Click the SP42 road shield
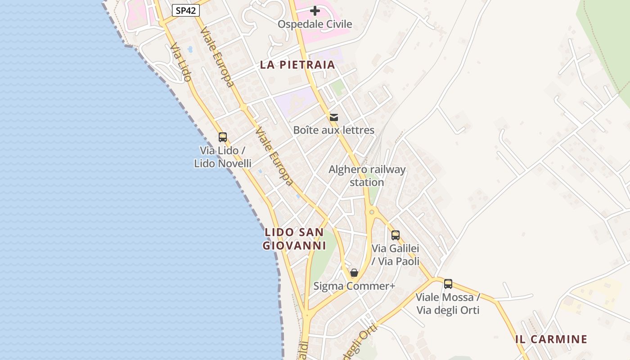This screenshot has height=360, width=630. tap(186, 10)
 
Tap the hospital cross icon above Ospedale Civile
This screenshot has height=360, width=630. tap(315, 10)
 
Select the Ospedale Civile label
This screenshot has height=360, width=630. tap(315, 24)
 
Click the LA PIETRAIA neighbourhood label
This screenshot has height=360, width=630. tap(297, 65)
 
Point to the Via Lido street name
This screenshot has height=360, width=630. tap(181, 62)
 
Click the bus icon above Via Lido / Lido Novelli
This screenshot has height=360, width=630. tap(223, 137)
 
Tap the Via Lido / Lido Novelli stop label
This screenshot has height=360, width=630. tap(223, 157)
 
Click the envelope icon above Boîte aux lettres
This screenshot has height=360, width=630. tap(334, 117)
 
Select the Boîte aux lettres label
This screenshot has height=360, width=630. tap(334, 130)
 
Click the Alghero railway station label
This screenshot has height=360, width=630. tap(367, 176)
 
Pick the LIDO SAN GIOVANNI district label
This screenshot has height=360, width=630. tap(294, 239)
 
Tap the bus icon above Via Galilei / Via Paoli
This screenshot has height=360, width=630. tap(396, 235)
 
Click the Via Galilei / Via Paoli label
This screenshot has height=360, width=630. tap(396, 255)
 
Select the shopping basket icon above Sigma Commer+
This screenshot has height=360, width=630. tap(354, 273)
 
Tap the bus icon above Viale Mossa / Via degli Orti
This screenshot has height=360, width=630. tap(448, 284)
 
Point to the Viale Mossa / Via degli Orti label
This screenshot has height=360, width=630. tap(448, 304)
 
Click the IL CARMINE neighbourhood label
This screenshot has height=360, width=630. tap(551, 339)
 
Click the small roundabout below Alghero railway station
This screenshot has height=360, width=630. tap(372, 211)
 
